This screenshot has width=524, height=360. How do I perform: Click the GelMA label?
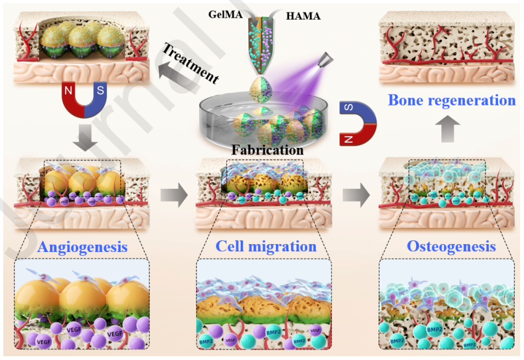coord(225,14)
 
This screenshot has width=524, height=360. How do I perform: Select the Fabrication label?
coord(268,150)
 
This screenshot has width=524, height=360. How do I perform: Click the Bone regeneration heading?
coord(452,101)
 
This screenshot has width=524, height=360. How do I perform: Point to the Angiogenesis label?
coord(82,247)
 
